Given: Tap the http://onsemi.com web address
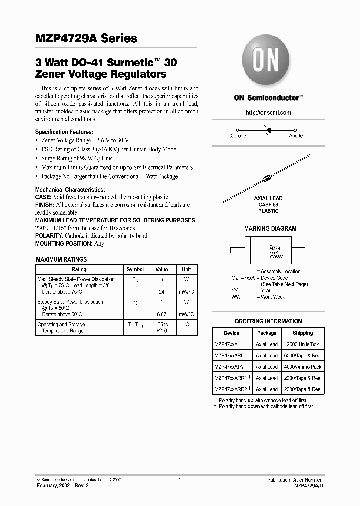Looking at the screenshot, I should [x=268, y=113].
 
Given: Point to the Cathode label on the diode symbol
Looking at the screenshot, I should [x=237, y=136].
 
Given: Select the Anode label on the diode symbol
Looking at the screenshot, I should [x=296, y=136].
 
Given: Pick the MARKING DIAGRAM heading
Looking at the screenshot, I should [x=270, y=228].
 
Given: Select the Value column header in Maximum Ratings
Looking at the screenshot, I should [x=162, y=269].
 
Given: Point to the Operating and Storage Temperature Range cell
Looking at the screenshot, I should [x=63, y=328].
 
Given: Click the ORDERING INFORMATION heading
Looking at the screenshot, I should [x=268, y=321].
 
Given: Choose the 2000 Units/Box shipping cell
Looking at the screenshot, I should [x=303, y=344].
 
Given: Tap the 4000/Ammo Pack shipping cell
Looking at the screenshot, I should [x=303, y=367].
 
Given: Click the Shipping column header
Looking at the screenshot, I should [x=303, y=333].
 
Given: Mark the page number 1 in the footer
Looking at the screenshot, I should [x=179, y=480].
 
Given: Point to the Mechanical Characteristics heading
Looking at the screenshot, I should [x=70, y=190].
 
